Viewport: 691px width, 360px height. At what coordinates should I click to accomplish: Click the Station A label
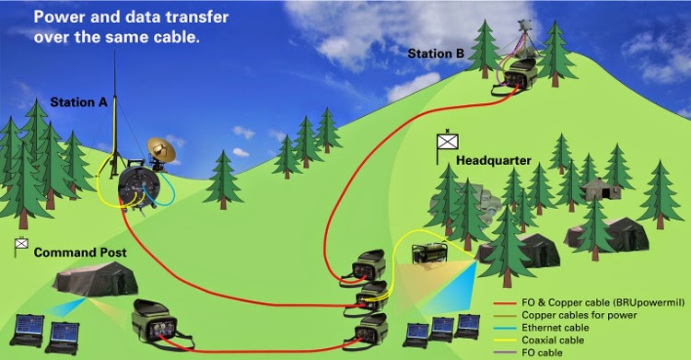[78, 102]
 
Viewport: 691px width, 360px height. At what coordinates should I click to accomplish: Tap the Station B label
[438, 53]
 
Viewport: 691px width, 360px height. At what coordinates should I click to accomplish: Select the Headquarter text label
[494, 160]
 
